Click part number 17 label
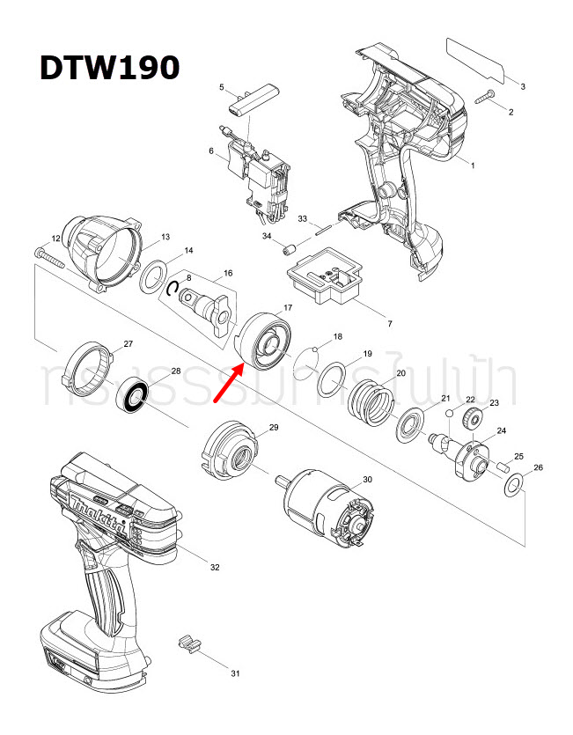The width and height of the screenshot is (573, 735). coord(287,309)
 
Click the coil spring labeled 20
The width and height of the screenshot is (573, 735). coord(371,401)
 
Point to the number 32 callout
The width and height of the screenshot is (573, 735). coord(214,568)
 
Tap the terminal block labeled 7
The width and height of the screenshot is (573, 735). coord(326,277)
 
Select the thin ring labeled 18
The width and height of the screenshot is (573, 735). coord(305,361)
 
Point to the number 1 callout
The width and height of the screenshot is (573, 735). coord(471,165)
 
